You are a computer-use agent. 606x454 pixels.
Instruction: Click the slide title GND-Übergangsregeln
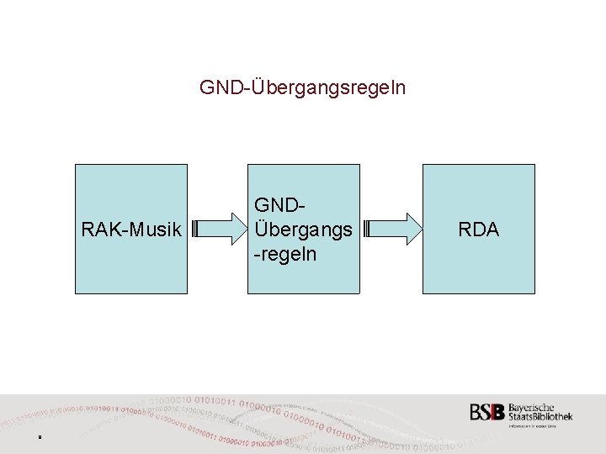(302, 87)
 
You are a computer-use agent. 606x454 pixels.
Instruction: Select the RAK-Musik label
(130, 229)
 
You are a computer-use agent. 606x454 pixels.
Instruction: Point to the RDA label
(478, 229)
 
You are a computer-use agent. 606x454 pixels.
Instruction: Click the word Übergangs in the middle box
(304, 229)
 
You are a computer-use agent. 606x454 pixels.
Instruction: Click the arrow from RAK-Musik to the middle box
(217, 229)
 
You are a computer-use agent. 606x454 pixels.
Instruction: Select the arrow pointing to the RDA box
(393, 229)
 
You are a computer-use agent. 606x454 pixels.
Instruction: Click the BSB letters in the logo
(487, 413)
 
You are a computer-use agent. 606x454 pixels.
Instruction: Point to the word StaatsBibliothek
(540, 417)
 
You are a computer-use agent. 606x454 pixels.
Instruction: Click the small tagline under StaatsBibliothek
(540, 426)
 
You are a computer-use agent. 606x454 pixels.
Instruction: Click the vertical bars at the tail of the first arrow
(194, 229)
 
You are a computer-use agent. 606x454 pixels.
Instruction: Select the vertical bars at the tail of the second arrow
(368, 229)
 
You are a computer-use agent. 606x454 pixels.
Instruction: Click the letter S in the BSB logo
(487, 413)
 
